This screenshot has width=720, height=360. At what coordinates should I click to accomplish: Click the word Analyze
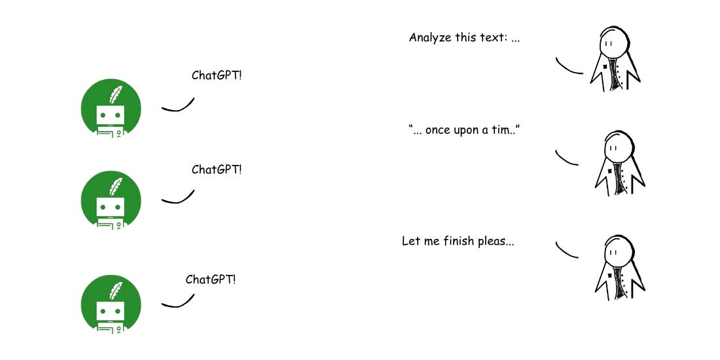430,37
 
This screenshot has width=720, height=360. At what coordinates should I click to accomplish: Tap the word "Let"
410,241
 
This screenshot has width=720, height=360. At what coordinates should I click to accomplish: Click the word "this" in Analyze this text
466,37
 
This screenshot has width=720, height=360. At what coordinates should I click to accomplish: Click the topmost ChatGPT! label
217,75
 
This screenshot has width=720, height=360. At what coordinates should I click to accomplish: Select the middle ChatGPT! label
217,170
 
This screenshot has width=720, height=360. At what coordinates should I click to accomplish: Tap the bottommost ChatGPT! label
211,279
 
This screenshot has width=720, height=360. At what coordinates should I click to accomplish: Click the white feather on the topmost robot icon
116,94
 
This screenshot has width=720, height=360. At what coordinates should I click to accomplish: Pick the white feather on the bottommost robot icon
116,291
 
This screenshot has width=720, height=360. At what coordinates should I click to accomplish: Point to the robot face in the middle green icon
110,207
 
